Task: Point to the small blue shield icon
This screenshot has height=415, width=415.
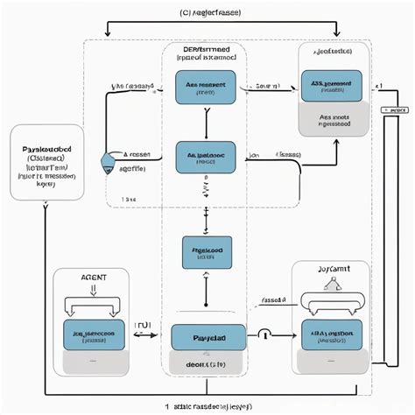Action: click(x=109, y=162)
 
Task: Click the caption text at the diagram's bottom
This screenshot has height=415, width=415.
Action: click(x=207, y=406)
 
